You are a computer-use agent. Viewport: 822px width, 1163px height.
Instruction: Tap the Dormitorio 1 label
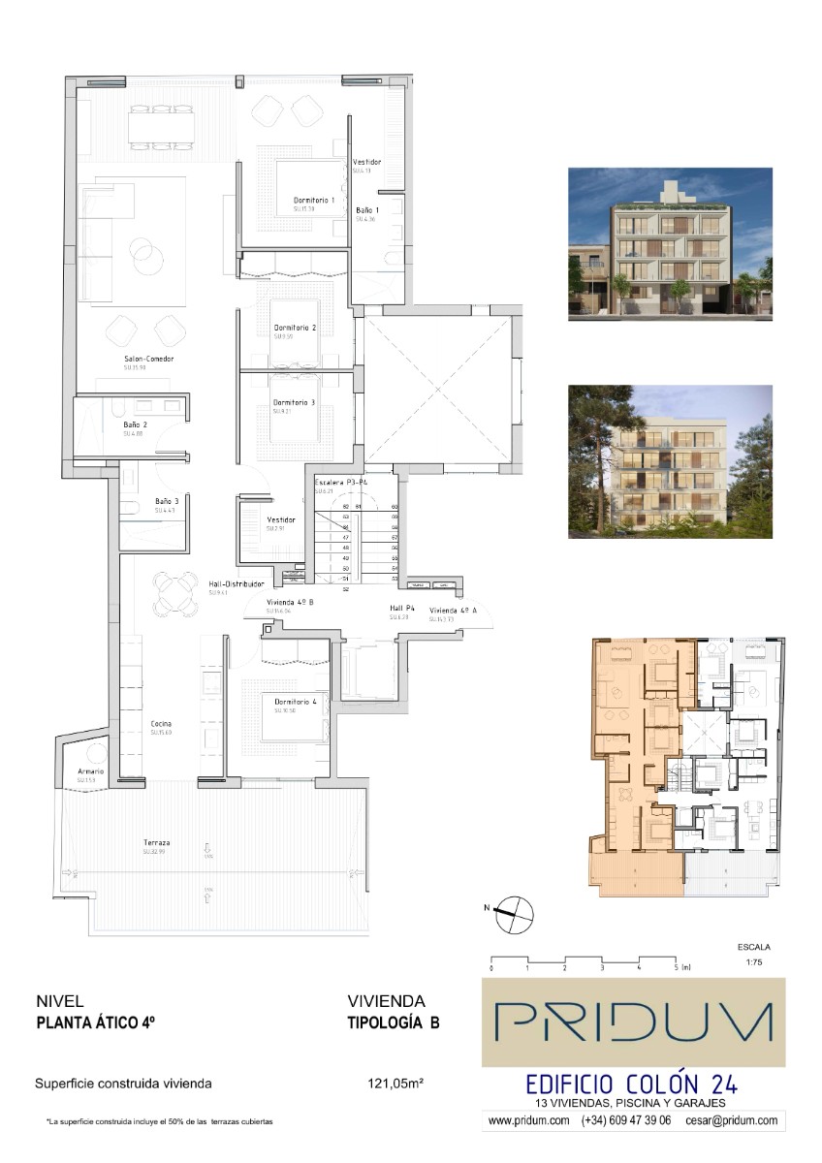pos(314,201)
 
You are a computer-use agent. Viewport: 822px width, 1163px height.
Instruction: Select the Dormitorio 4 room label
pos(296,702)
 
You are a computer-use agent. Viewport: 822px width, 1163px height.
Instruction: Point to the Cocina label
pos(161,724)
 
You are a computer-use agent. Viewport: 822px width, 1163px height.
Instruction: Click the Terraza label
pos(155,842)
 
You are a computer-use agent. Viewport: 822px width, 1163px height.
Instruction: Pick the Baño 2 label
pos(135,424)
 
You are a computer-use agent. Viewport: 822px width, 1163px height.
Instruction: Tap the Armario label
pos(90,771)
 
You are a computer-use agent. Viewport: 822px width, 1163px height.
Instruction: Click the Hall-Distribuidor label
pos(237,584)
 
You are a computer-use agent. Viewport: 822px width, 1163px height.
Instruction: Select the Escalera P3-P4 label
pos(340,483)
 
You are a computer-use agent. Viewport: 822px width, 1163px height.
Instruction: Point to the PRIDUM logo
pos(634,1022)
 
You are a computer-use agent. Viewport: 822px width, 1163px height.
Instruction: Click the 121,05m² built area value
pos(395,1084)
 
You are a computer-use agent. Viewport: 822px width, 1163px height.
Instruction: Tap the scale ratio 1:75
pos(754,963)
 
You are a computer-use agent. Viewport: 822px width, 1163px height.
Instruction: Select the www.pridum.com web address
pos(528,1120)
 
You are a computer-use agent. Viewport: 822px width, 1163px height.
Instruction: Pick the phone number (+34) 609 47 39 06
pos(626,1120)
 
